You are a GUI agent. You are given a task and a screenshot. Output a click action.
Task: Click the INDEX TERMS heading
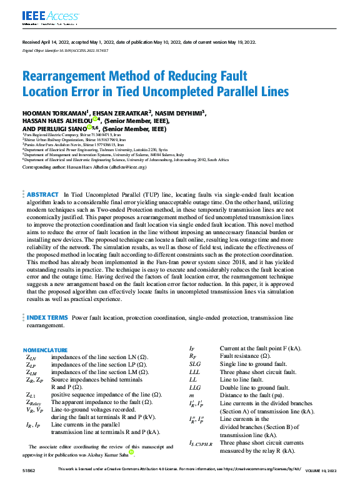[x=47, y=318]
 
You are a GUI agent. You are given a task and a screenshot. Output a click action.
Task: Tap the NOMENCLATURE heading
[x=46, y=350]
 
